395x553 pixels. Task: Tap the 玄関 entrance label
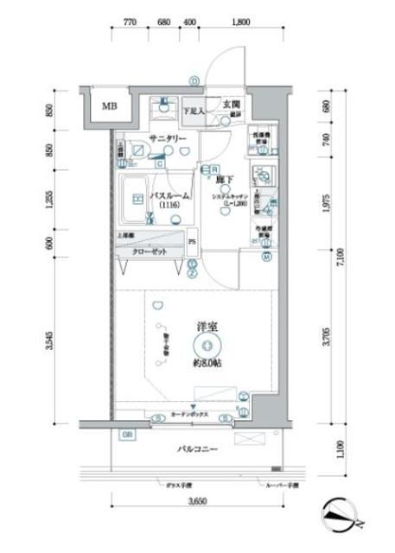pyautogui.click(x=232, y=105)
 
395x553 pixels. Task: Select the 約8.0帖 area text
pyautogui.click(x=208, y=363)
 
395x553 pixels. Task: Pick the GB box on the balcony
pyautogui.click(x=127, y=434)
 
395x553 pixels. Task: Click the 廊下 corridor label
pyautogui.click(x=222, y=180)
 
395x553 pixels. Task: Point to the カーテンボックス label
pyautogui.click(x=189, y=414)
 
